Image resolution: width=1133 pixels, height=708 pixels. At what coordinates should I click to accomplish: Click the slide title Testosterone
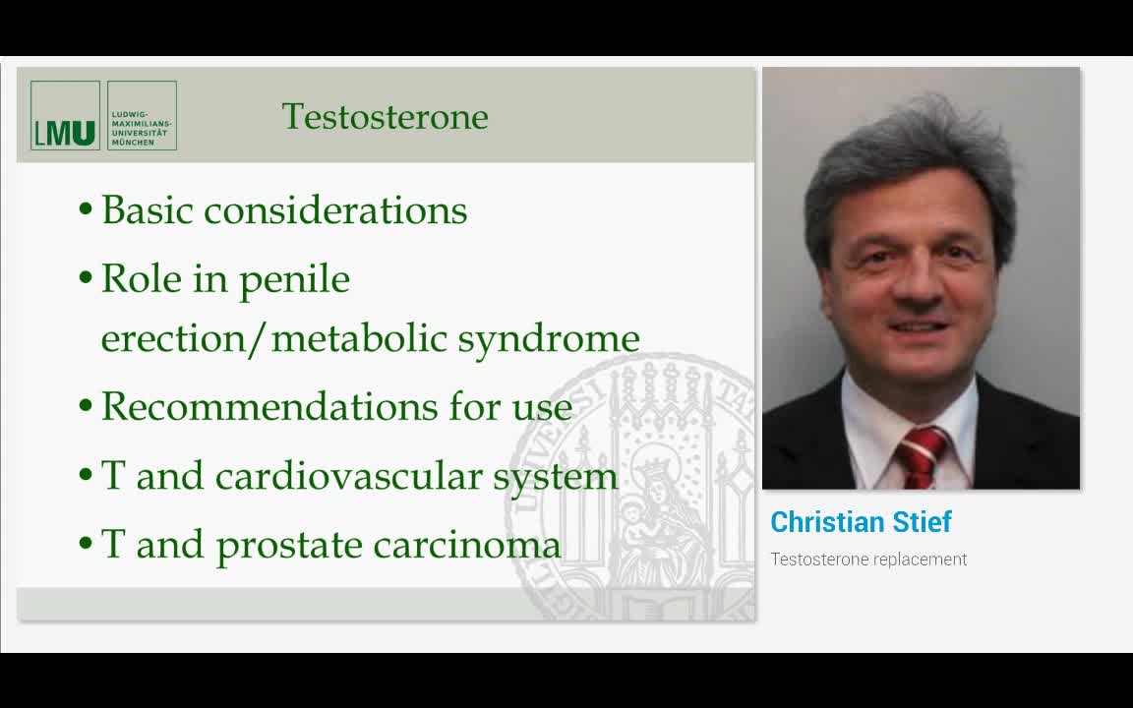pos(385,116)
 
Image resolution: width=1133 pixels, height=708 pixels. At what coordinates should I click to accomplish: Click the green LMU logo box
pos(65,115)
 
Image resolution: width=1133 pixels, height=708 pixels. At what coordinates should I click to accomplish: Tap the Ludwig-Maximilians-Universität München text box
pos(142,115)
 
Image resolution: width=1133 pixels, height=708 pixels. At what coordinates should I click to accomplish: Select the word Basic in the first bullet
pos(148,210)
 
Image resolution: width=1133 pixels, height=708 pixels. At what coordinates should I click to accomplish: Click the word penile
pos(294,280)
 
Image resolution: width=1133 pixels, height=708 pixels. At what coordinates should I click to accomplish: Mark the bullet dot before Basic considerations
pos(87,210)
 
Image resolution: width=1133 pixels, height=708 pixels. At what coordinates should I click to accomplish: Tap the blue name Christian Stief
pos(861,522)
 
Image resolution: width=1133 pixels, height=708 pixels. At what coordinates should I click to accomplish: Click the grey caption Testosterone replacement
pos(868,560)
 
